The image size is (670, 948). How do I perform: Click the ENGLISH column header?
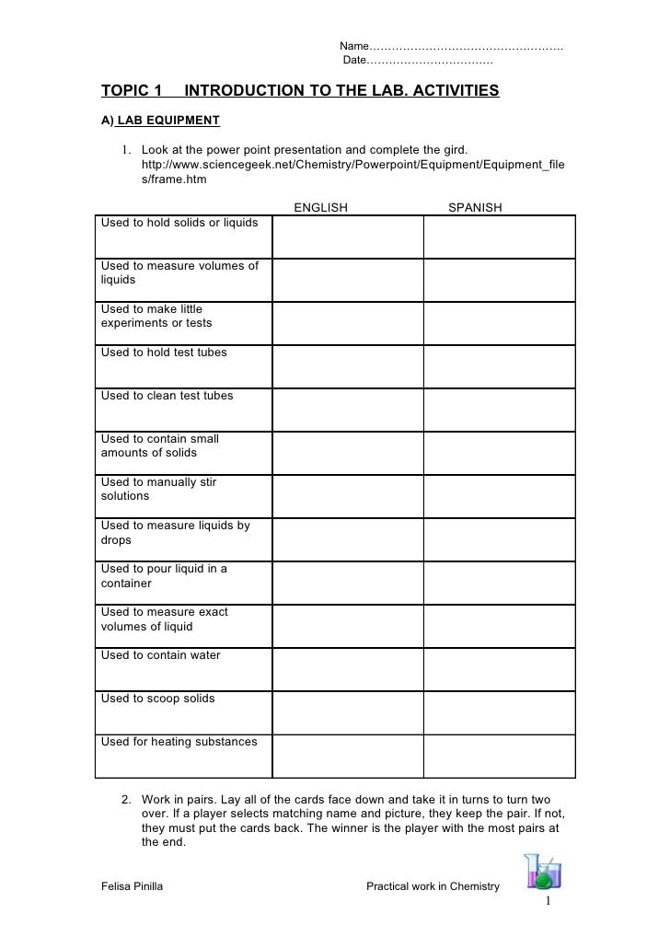coord(320,208)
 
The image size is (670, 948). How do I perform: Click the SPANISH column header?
coord(475,208)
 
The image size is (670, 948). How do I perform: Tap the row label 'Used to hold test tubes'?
coord(164,353)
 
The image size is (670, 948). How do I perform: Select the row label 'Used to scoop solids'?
coord(157,699)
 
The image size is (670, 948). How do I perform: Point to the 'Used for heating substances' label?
coord(179,742)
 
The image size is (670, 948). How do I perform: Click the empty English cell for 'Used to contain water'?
coord(348,669)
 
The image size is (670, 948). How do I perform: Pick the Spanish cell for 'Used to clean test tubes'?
coord(499,410)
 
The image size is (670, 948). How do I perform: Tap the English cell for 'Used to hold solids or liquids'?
coord(348,237)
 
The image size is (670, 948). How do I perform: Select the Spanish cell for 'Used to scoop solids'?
coord(499,712)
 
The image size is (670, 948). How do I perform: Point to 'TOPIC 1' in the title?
coord(131,91)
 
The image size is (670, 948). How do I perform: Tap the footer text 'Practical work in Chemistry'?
coord(433,887)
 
